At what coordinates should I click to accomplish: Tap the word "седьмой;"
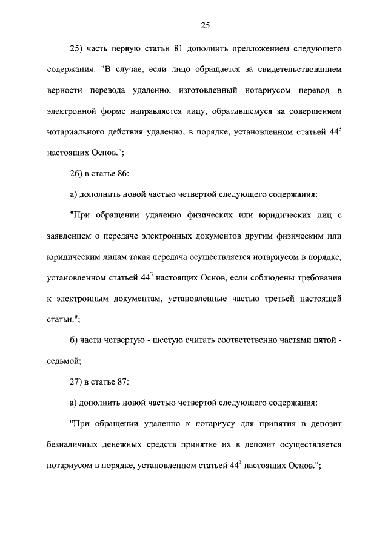pos(64,361)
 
